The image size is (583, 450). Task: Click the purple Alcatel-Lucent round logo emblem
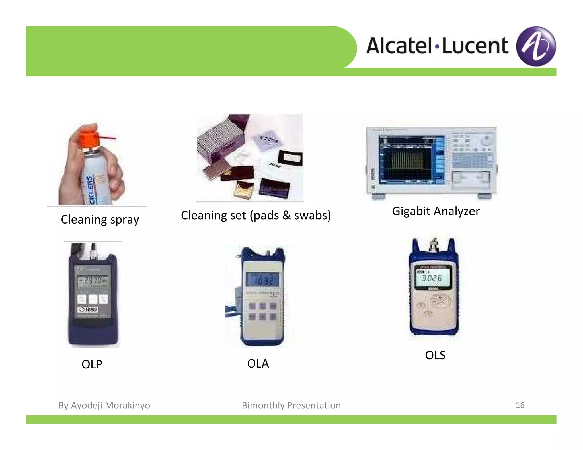pos(536,46)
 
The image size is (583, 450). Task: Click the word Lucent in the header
pos(475,46)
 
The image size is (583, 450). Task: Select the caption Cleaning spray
pos(100,220)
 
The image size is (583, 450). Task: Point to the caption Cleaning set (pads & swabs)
pos(256,215)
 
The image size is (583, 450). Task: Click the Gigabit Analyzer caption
pos(436,211)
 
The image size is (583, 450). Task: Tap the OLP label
pos(92,364)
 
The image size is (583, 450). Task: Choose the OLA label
pos(258,364)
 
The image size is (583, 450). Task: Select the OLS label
pos(435,355)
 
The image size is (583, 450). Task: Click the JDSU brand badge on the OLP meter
pos(88,309)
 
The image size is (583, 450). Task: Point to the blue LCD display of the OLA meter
pos(262,279)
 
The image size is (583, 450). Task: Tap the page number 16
pos(520,405)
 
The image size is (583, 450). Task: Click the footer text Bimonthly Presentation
pos(291,405)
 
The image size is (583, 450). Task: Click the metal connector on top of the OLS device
pos(434,245)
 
